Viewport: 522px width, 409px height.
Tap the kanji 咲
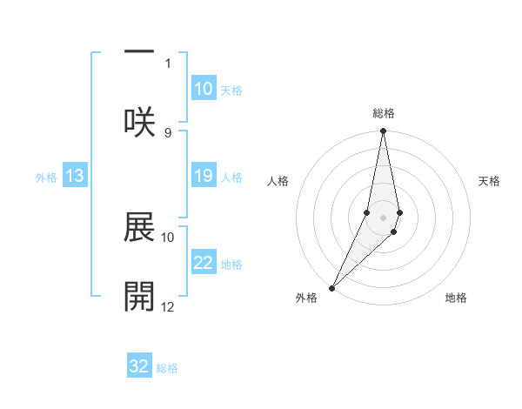pyautogui.click(x=139, y=123)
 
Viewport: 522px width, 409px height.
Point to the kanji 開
pyautogui.click(x=139, y=297)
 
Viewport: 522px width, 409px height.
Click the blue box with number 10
pyautogui.click(x=203, y=89)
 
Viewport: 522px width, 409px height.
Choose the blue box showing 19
pyautogui.click(x=203, y=176)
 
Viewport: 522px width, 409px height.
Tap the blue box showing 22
pyautogui.click(x=203, y=263)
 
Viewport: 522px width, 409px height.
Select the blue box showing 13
pyautogui.click(x=75, y=177)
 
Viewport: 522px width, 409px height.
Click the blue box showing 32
pyautogui.click(x=139, y=366)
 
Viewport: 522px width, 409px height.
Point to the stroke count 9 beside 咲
pyautogui.click(x=168, y=132)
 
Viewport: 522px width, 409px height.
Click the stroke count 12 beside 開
pyautogui.click(x=168, y=306)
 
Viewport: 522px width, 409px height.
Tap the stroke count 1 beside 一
pyautogui.click(x=168, y=63)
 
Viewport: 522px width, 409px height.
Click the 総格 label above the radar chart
pyautogui.click(x=383, y=113)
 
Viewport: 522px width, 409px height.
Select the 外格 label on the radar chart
pyautogui.click(x=306, y=298)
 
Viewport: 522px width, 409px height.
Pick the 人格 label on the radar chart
pyautogui.click(x=278, y=181)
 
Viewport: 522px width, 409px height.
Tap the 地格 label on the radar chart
pyautogui.click(x=456, y=298)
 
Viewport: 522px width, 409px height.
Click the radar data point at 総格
pyautogui.click(x=383, y=131)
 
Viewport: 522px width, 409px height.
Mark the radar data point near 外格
pyautogui.click(x=331, y=287)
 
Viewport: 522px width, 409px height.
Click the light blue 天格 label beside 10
pyautogui.click(x=231, y=90)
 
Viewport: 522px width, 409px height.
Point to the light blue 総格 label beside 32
pyautogui.click(x=167, y=368)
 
